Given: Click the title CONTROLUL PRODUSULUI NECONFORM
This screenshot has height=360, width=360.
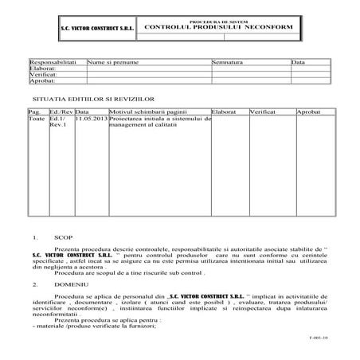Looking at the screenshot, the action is (x=219, y=27).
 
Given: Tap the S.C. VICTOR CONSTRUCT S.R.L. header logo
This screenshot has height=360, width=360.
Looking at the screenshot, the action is (x=95, y=29).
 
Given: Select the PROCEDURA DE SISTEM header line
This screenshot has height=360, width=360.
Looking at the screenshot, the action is (x=219, y=20).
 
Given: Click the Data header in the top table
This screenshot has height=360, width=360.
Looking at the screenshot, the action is (x=298, y=61).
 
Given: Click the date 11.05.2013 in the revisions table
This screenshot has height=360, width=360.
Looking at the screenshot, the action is (x=89, y=119).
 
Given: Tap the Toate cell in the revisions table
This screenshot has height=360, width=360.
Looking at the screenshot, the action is (x=37, y=119).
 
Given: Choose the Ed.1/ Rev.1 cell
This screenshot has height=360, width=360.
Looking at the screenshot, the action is (x=59, y=122).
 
